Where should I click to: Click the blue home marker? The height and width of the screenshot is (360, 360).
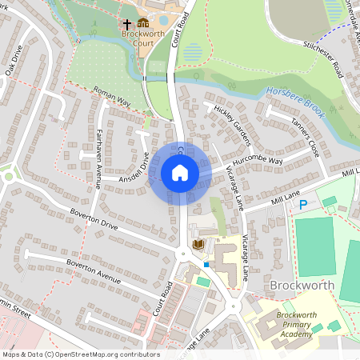[180, 173]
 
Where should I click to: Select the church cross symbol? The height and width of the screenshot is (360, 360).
[127, 24]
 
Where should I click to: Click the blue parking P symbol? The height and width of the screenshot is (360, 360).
[303, 205]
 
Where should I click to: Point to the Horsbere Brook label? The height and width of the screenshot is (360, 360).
[296, 102]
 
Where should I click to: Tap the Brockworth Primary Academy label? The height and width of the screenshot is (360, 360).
[301, 324]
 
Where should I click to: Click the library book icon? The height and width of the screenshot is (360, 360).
[199, 242]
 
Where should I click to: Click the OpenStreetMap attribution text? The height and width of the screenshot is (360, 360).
[81, 354]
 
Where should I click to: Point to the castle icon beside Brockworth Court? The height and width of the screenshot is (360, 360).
[143, 23]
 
